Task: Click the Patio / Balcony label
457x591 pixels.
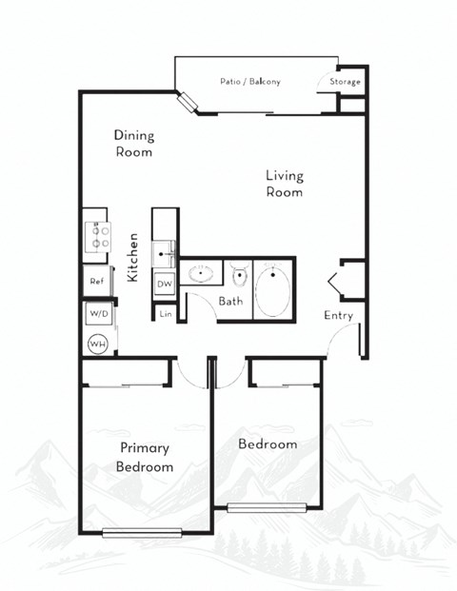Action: tap(249, 82)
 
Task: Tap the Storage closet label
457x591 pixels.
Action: tap(346, 82)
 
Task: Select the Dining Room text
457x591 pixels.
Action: tap(133, 143)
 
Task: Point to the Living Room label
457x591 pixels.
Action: tap(284, 184)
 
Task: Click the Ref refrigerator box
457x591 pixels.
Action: tap(97, 282)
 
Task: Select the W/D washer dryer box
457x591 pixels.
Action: tap(98, 312)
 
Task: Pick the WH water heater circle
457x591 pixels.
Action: tap(97, 344)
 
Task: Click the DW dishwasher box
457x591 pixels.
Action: tap(165, 284)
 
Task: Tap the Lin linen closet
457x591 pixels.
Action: tap(166, 312)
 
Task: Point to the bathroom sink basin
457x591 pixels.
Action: tap(201, 277)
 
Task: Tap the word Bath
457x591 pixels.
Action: tap(231, 302)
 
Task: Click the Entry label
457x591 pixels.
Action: tap(338, 316)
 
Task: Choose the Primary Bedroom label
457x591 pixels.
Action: tap(145, 458)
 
